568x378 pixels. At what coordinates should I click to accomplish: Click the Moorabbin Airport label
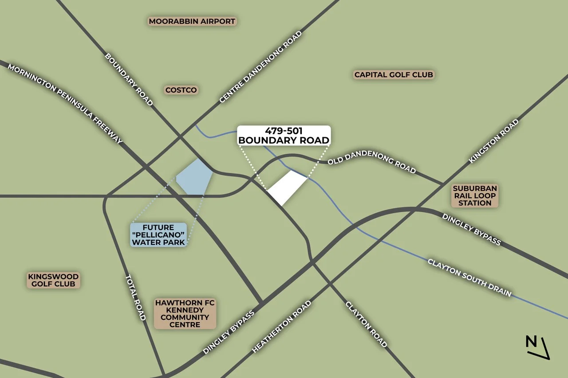[x=192, y=21]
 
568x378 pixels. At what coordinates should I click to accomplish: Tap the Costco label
[x=181, y=90]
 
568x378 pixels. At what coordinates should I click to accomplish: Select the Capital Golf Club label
[x=393, y=74]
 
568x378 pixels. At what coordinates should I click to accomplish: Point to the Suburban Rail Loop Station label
[x=475, y=195]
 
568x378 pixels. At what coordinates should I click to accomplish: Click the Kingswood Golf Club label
[x=53, y=280]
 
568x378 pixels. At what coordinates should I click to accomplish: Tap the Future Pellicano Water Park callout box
[x=158, y=234]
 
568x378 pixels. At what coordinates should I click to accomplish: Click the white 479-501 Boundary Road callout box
[x=284, y=136]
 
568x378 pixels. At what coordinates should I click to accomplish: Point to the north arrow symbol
[x=537, y=347]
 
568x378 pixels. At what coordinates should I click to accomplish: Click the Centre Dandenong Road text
[x=260, y=67]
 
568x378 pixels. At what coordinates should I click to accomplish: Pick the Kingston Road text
[x=494, y=141]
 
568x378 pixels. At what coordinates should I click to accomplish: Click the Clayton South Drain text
[x=469, y=278]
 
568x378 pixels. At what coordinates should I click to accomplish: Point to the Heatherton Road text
[x=281, y=327]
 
